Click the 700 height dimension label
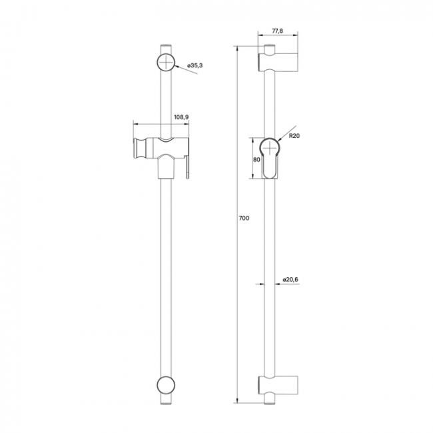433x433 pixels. coord(244,218)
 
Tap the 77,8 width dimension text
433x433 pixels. coord(278,31)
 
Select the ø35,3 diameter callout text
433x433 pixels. coord(195,65)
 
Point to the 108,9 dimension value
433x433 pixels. coord(181,117)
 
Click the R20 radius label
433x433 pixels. coord(294,136)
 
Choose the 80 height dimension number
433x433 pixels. coord(256,160)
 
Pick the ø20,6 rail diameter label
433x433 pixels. coord(290,280)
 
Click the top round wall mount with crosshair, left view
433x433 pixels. coord(166,62)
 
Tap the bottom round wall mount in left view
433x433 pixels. coord(166,385)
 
